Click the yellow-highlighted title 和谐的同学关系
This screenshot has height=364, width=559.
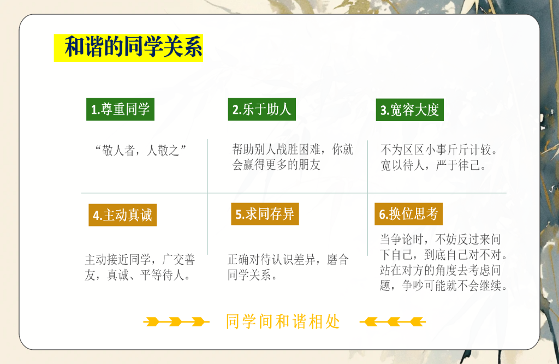coord(128,47)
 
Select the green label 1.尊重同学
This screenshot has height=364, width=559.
coord(120,109)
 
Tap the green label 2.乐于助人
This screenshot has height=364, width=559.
coord(261,109)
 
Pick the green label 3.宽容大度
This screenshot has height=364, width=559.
coord(409,110)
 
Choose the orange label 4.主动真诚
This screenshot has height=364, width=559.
coord(122,215)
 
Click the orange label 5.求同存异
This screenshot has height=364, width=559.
coord(265,214)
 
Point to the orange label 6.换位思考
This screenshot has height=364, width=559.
coord(408,214)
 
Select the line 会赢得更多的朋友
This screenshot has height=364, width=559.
coord(276,165)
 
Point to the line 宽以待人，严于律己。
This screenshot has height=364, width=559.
coord(433,165)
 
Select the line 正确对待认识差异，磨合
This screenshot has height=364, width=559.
coord(288,259)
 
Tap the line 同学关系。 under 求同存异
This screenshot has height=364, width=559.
coord(252,275)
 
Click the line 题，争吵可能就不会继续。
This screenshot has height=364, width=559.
coord(444,285)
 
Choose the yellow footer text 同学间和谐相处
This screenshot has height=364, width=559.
coord(283,321)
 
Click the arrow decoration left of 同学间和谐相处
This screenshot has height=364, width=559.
coord(176,321)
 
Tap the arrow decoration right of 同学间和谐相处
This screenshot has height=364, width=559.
coord(392,321)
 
